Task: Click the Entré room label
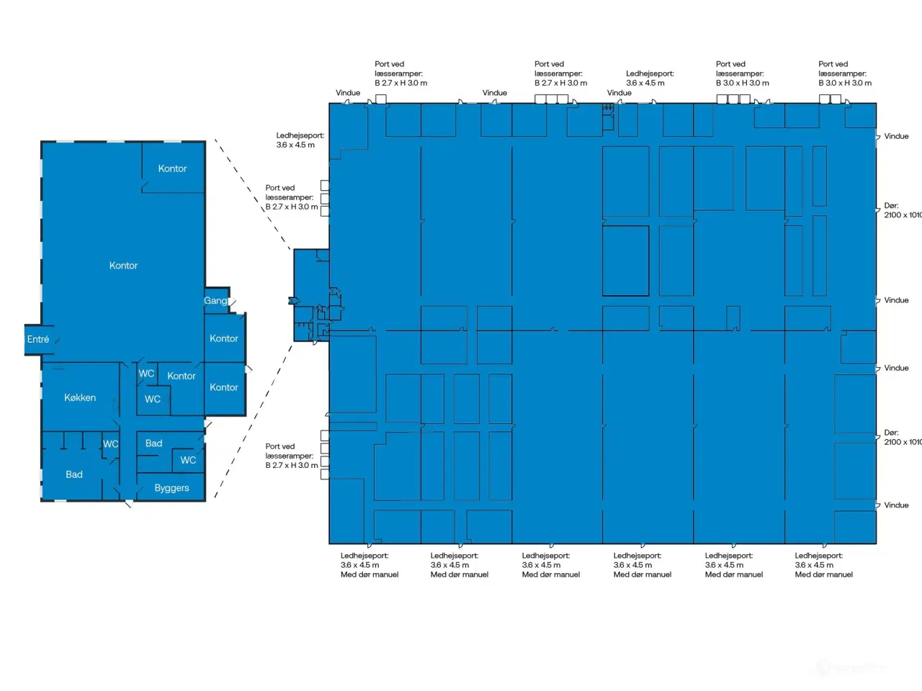coord(38,339)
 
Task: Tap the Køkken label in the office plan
coord(80,397)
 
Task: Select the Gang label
coord(215,301)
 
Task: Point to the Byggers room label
coord(171,488)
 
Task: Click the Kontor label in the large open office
coord(123,266)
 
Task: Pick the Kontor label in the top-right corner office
coord(172,168)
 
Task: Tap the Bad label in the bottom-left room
coord(74,474)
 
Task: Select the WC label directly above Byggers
coord(188,460)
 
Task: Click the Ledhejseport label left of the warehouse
coord(300,140)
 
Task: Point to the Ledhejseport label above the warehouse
coord(650,78)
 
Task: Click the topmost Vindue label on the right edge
coord(896,136)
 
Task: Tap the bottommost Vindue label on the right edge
coord(896,505)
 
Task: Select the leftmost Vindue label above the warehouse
coord(348,93)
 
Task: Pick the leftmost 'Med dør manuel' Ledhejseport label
coord(369,565)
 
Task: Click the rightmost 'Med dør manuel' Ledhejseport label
coord(823,565)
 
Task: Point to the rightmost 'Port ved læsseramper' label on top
coord(844,73)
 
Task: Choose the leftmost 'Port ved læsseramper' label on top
coord(400,73)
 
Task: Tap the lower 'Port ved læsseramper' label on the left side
coord(291,456)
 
